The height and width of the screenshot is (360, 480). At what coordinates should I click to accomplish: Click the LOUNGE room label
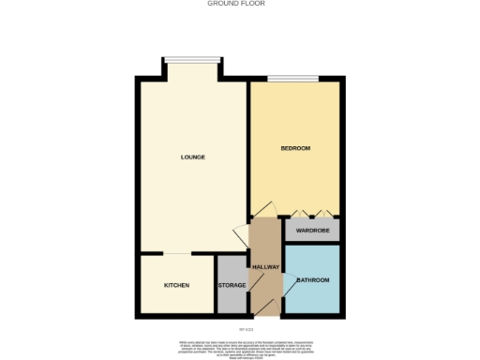(x=193, y=157)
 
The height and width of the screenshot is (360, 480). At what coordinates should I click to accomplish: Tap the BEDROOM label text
(x=296, y=148)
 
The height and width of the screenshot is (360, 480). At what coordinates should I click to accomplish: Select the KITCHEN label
(x=176, y=285)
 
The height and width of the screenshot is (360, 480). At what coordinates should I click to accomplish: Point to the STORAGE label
(x=232, y=285)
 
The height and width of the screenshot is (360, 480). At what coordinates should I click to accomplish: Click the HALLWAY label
(x=266, y=267)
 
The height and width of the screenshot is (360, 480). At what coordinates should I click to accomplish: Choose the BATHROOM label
(x=312, y=280)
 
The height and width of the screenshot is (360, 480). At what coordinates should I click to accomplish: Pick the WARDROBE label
(x=312, y=230)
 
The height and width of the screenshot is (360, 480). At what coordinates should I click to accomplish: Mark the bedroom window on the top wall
(x=292, y=79)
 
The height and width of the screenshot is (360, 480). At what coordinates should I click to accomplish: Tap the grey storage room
(x=232, y=298)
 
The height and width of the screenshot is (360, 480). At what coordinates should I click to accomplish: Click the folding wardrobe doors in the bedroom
(x=310, y=215)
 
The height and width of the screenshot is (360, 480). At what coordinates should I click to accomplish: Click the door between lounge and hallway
(x=240, y=233)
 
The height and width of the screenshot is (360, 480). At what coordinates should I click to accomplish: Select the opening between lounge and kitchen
(x=178, y=253)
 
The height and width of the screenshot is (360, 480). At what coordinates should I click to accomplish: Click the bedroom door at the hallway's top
(x=265, y=210)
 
